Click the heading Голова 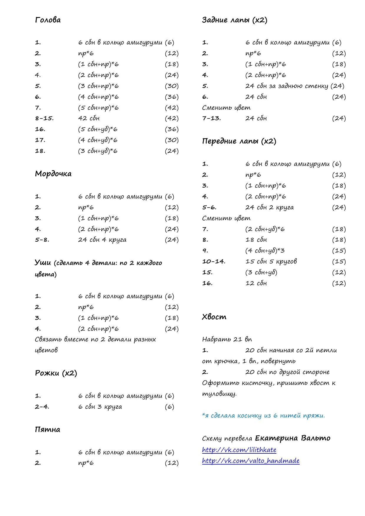pos(48,20)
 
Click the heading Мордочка pos(53,174)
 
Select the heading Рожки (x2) pos(56,373)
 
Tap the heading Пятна pos(47,430)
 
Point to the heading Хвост pos(214,317)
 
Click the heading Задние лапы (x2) pos(235,20)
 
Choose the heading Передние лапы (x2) pos(239,141)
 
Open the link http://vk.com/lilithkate pos(239,450)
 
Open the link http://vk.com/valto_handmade pos(250,461)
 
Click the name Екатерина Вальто pos(293,438)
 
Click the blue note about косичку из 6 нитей pos(263,415)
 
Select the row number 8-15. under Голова pos(44,118)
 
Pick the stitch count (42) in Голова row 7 pos(172,108)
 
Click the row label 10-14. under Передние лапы pos(214,261)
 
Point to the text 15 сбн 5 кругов pos(271,261)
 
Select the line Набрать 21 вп pos(227,339)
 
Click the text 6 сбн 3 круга pos(100,407)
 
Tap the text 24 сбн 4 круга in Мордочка pos(102,240)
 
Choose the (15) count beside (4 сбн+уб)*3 pos(339,251)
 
